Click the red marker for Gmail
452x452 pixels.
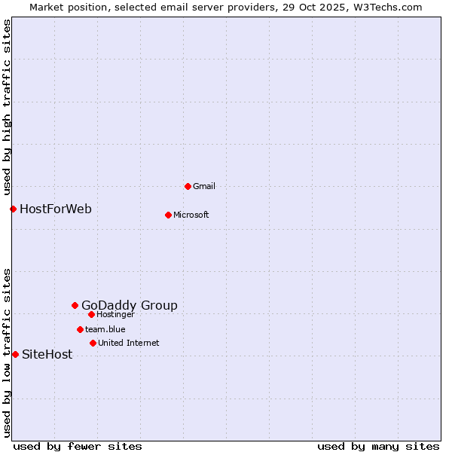click(x=188, y=186)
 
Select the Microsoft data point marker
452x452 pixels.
click(x=168, y=215)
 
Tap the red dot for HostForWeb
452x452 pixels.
click(x=13, y=209)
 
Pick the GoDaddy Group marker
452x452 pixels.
click(x=75, y=305)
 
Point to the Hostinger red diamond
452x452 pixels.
click(x=91, y=314)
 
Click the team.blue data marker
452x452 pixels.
click(x=80, y=329)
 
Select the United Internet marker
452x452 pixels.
click(x=93, y=343)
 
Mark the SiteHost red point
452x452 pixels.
click(x=15, y=354)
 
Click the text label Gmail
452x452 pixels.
click(x=204, y=186)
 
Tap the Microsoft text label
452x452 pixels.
click(x=191, y=215)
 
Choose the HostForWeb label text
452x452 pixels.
click(x=56, y=209)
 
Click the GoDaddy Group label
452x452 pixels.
click(x=130, y=305)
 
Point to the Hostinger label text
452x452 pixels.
click(x=115, y=314)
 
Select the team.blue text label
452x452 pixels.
click(x=105, y=329)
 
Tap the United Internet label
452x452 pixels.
click(x=129, y=343)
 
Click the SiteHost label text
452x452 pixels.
click(x=47, y=354)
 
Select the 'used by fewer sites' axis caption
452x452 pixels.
click(x=78, y=447)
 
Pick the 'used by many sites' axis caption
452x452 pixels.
click(x=378, y=447)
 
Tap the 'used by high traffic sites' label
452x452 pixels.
click(x=7, y=107)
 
